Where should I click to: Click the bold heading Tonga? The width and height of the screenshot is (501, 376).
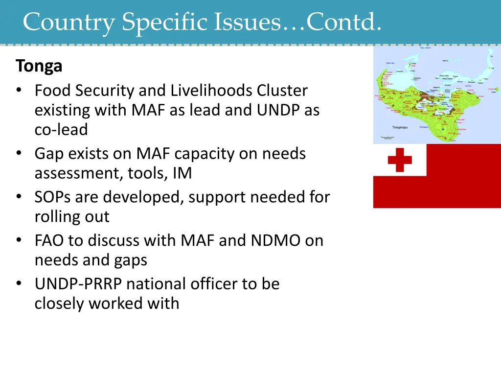pyautogui.click(x=39, y=66)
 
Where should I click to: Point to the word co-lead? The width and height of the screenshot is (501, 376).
pyautogui.click(x=61, y=130)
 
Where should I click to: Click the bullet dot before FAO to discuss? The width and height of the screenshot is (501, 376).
pyautogui.click(x=19, y=240)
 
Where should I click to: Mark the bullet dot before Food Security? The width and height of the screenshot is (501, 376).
pyautogui.click(x=19, y=91)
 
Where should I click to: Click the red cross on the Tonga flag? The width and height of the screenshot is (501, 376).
pyautogui.click(x=400, y=160)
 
